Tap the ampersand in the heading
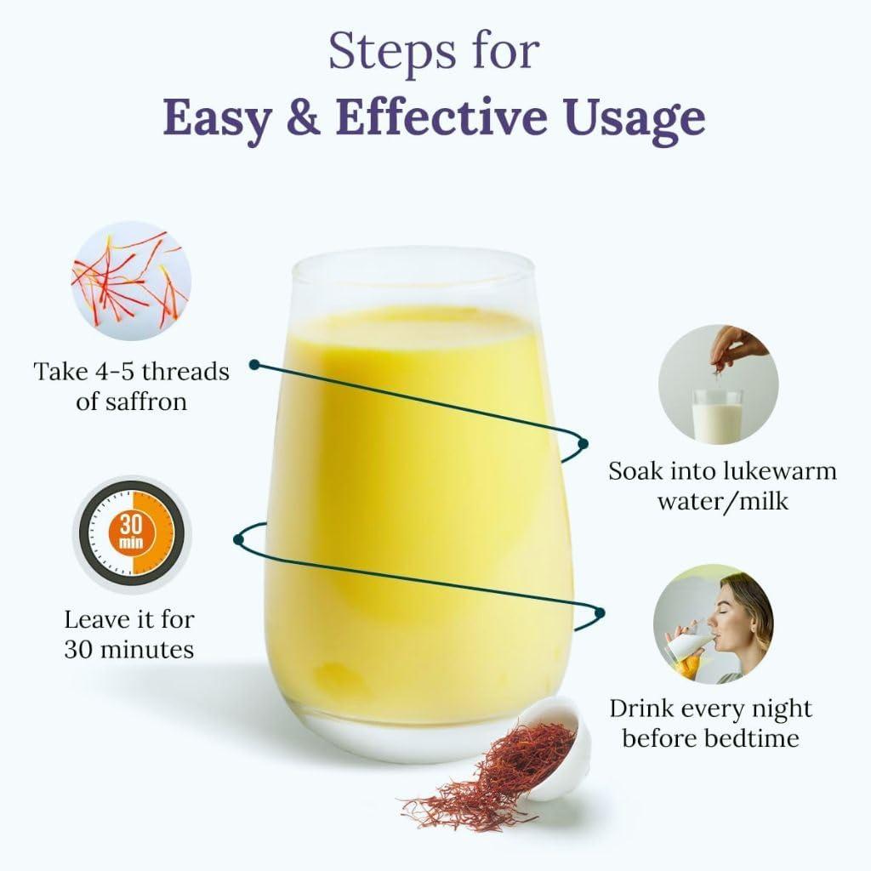click(305, 117)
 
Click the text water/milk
click(722, 500)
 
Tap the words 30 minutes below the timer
click(129, 650)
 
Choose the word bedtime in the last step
click(753, 737)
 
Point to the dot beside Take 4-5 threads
click(253, 365)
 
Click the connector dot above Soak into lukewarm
click(583, 443)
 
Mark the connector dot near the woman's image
click(600, 612)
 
